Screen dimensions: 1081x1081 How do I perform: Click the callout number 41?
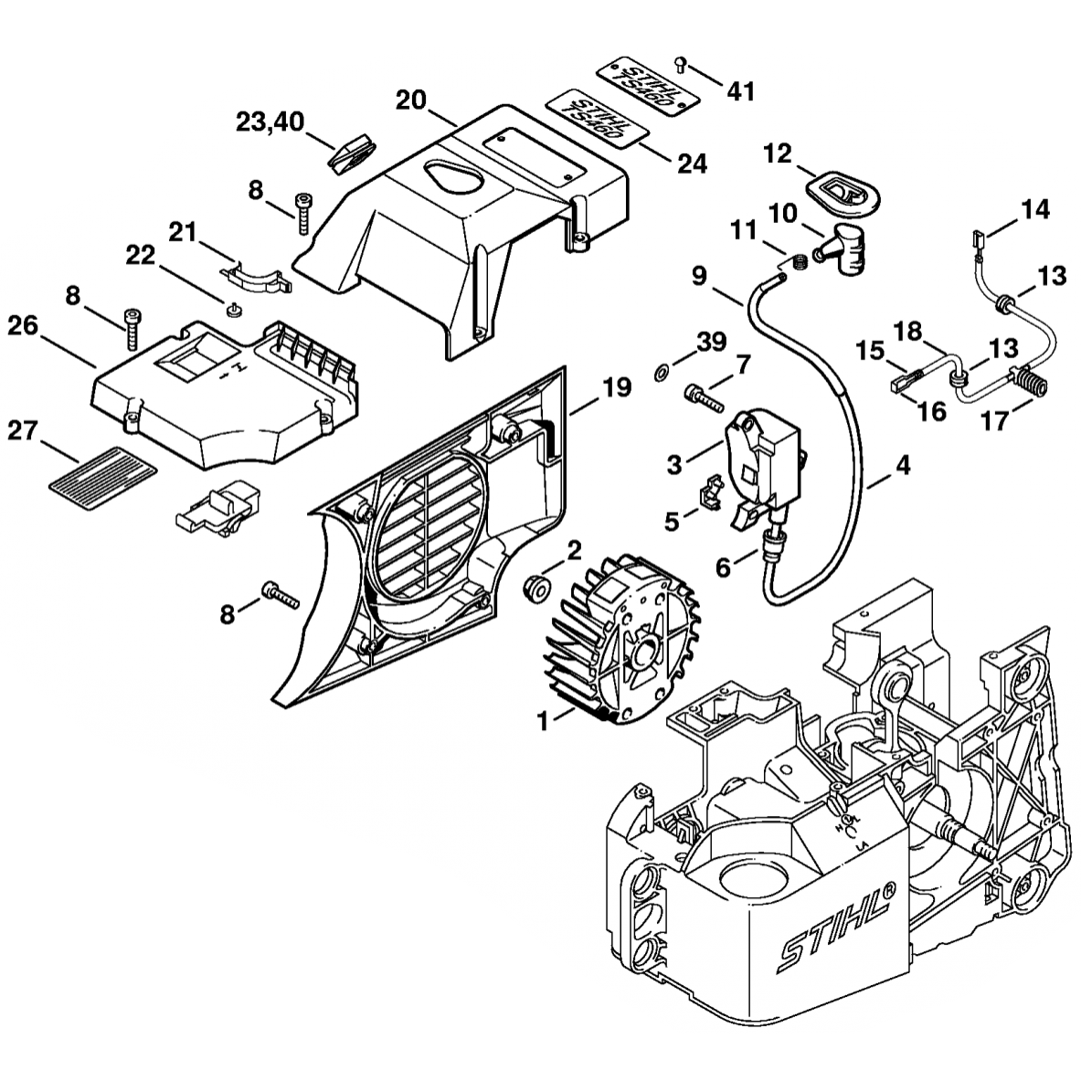741,90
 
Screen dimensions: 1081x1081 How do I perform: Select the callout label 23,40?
270,122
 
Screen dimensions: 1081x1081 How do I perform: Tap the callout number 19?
617,388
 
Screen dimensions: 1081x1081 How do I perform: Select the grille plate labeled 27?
101,466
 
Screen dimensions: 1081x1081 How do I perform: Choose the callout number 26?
24,324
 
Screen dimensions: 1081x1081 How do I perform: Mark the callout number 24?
692,164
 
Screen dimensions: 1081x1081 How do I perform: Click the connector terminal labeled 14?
976,241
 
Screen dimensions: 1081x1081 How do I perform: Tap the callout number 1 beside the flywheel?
542,721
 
